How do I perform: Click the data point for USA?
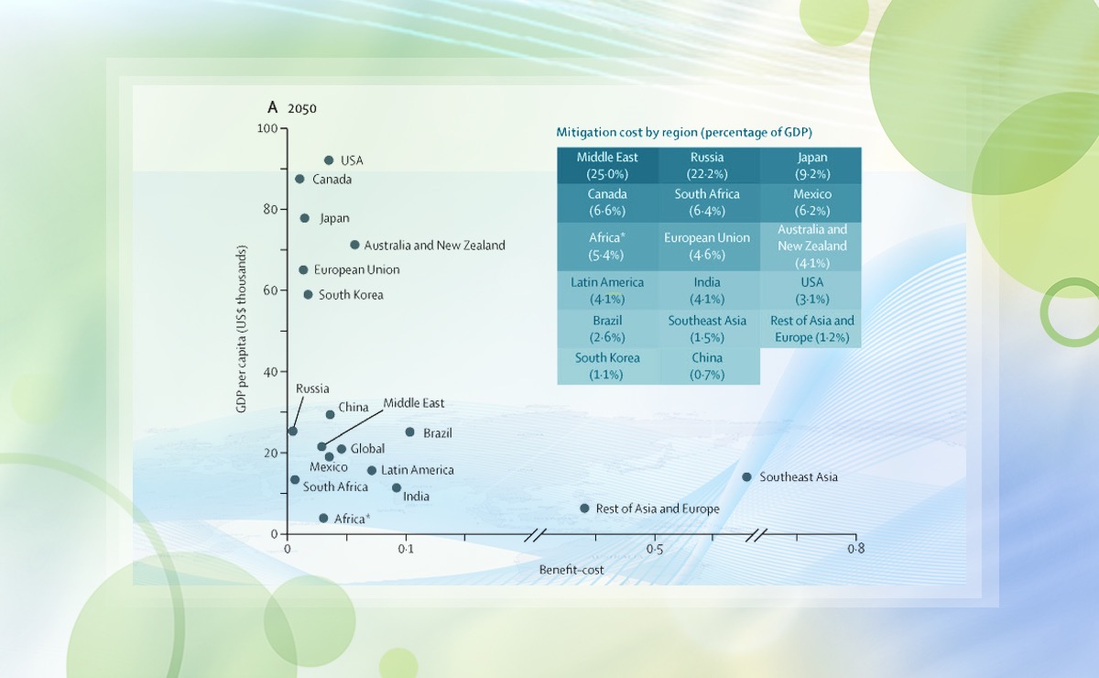[x=329, y=160]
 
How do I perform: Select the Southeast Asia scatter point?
[x=746, y=477]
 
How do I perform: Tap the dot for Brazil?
[x=409, y=432]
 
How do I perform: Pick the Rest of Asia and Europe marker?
[x=584, y=508]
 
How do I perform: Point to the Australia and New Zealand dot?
[x=354, y=245]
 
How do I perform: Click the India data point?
[x=397, y=488]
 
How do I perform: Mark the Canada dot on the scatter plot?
[x=299, y=179]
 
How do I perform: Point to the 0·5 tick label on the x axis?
[x=654, y=550]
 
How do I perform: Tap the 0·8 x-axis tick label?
[x=855, y=550]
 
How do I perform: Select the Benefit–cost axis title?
[x=571, y=570]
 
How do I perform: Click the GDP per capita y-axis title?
[x=242, y=329]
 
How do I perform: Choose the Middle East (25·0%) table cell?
[x=607, y=166]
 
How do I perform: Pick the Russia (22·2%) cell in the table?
[x=707, y=166]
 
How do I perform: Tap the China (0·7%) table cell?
[x=707, y=366]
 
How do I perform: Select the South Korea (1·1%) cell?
[x=607, y=366]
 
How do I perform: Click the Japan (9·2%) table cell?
[x=811, y=166]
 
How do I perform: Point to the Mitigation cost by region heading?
[x=684, y=132]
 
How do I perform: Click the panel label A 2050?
[x=292, y=108]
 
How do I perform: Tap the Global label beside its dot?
[x=367, y=449]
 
